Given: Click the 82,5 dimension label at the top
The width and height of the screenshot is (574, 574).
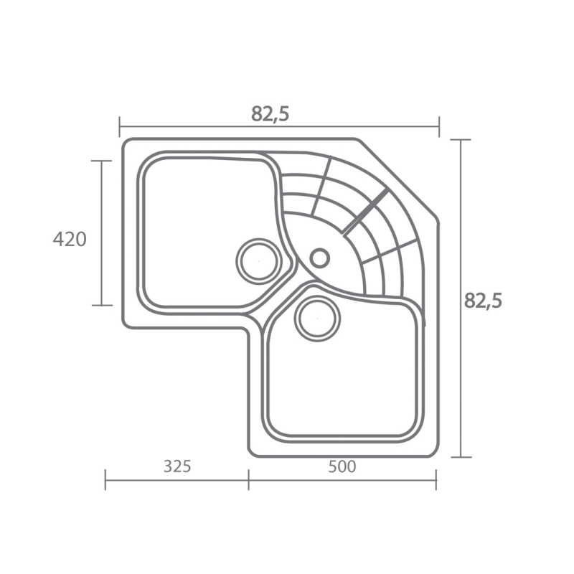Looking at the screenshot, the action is pyautogui.click(x=270, y=114).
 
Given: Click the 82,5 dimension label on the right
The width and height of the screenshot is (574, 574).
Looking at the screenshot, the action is pyautogui.click(x=483, y=301).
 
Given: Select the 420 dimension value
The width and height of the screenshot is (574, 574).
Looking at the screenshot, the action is pyautogui.click(x=70, y=240).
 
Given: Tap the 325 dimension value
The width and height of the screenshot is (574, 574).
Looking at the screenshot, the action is pyautogui.click(x=177, y=466).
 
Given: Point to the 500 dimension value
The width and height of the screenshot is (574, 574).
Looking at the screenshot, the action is pyautogui.click(x=342, y=466).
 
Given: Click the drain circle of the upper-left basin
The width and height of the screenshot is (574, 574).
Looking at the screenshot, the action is pyautogui.click(x=259, y=261).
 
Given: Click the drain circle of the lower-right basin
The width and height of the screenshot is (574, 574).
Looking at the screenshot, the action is pyautogui.click(x=317, y=319).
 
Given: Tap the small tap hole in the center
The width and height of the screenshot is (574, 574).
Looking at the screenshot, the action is pyautogui.click(x=319, y=258).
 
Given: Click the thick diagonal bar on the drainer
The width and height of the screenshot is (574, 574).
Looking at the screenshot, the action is pyautogui.click(x=364, y=212).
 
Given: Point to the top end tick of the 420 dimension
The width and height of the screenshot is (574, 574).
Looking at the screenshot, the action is pyautogui.click(x=101, y=161).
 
